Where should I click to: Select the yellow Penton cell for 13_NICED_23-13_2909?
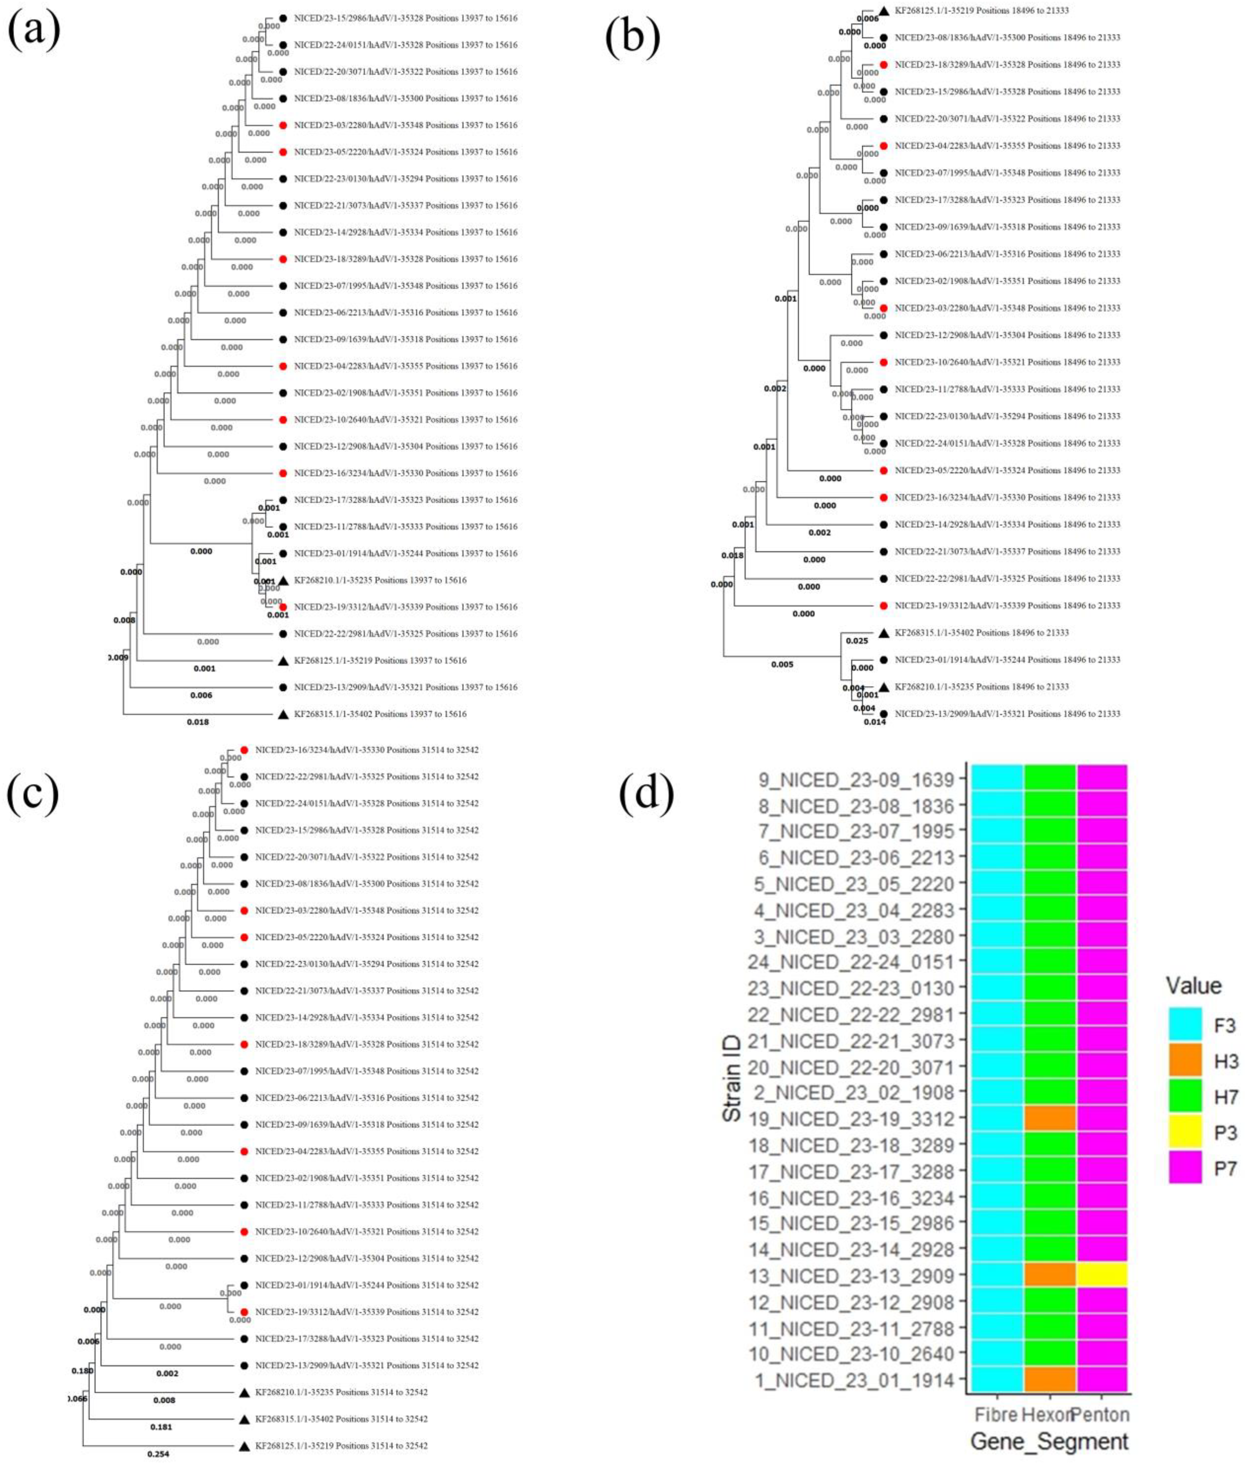pyautogui.click(x=1101, y=1276)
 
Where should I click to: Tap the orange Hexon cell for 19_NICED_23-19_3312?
pyautogui.click(x=1050, y=1119)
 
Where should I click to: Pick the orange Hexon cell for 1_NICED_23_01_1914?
pyautogui.click(x=1050, y=1380)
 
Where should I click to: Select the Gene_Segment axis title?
pyautogui.click(x=1049, y=1441)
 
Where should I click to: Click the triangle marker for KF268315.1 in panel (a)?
pyautogui.click(x=283, y=715)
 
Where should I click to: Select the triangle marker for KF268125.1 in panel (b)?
pyautogui.click(x=884, y=11)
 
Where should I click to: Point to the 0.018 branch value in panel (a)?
pyautogui.click(x=198, y=722)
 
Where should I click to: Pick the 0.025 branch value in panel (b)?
pyautogui.click(x=857, y=641)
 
